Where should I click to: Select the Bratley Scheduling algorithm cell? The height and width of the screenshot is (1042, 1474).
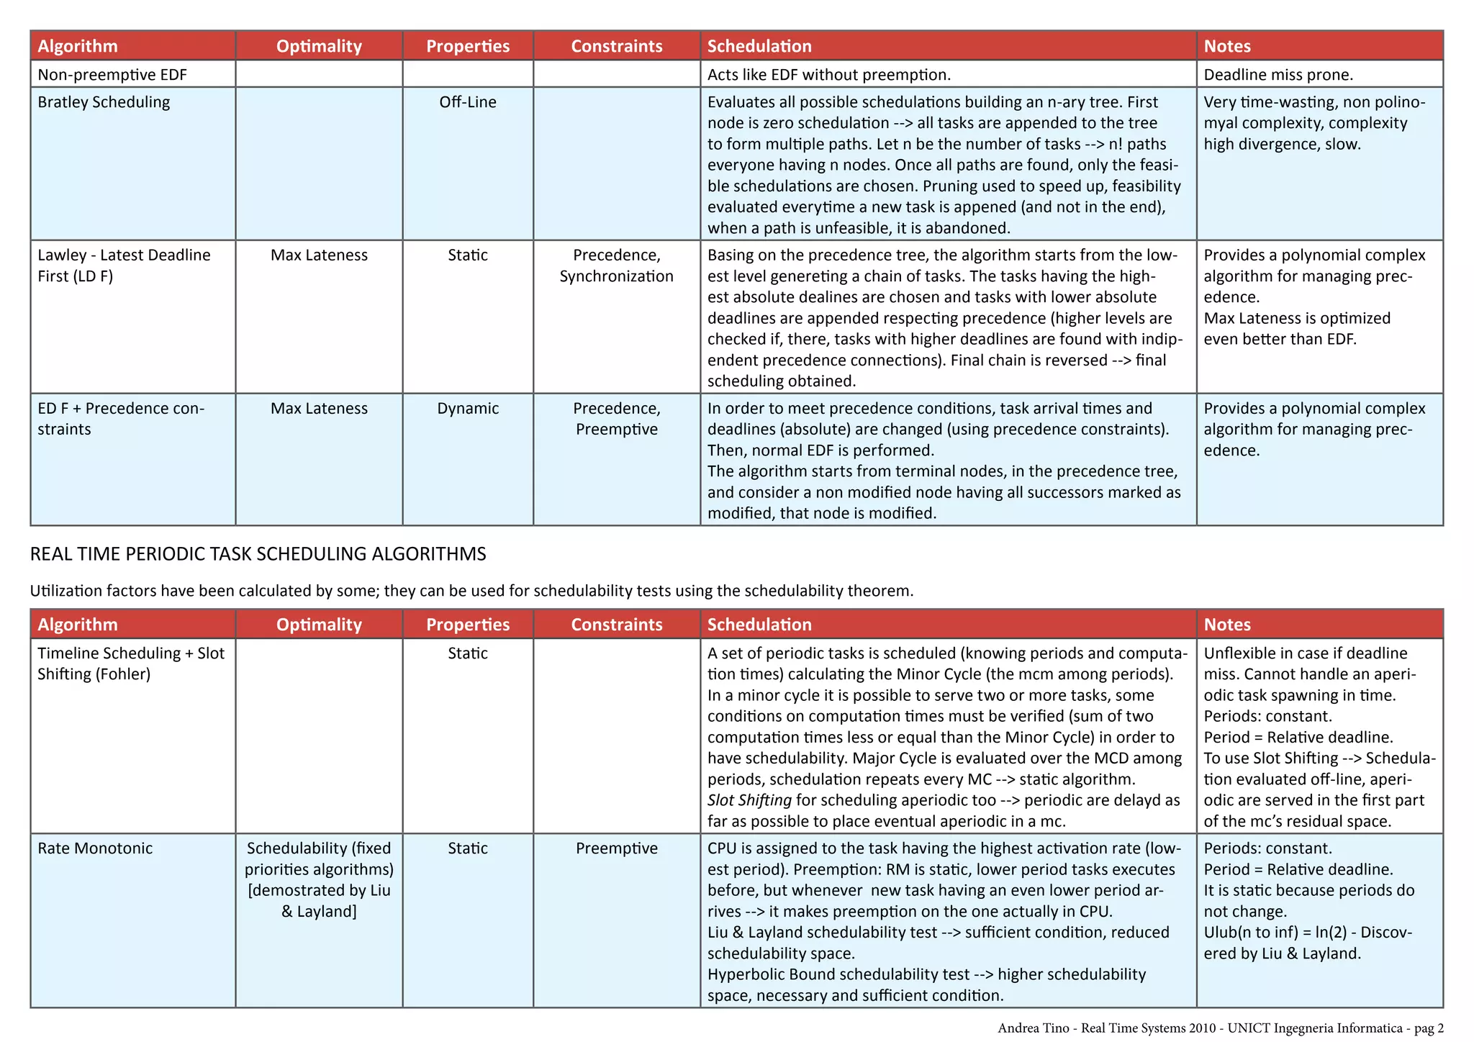pyautogui.click(x=104, y=102)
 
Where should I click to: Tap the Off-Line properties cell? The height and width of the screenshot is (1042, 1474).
pyautogui.click(x=468, y=102)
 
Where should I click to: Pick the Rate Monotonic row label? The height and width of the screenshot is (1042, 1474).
pyautogui.click(x=95, y=848)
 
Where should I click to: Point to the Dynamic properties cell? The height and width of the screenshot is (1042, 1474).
pyautogui.click(x=468, y=409)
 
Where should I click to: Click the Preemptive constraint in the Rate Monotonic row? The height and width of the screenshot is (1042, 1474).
pyautogui.click(x=617, y=848)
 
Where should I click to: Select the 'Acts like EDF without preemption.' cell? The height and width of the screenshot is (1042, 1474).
pyautogui.click(x=829, y=75)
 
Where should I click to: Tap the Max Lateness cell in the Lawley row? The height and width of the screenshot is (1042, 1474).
pyautogui.click(x=319, y=255)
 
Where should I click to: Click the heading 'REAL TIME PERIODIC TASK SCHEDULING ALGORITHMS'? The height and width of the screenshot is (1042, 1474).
pyautogui.click(x=258, y=554)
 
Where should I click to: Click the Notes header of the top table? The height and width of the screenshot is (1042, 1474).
pyautogui.click(x=1227, y=46)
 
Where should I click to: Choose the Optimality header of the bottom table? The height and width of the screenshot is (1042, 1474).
pyautogui.click(x=319, y=625)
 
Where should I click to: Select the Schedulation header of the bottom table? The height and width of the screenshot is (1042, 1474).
pyautogui.click(x=759, y=625)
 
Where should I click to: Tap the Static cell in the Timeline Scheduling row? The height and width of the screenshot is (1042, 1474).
pyautogui.click(x=468, y=653)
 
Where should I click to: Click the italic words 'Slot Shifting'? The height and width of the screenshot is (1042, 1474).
pyautogui.click(x=749, y=800)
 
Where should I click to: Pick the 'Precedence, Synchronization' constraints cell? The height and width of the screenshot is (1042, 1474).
pyautogui.click(x=617, y=266)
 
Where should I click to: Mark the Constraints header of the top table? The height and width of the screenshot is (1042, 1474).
pyautogui.click(x=617, y=46)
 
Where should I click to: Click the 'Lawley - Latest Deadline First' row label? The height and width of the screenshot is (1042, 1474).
pyautogui.click(x=124, y=266)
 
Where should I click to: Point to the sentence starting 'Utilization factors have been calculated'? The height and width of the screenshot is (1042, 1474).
pyautogui.click(x=471, y=591)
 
